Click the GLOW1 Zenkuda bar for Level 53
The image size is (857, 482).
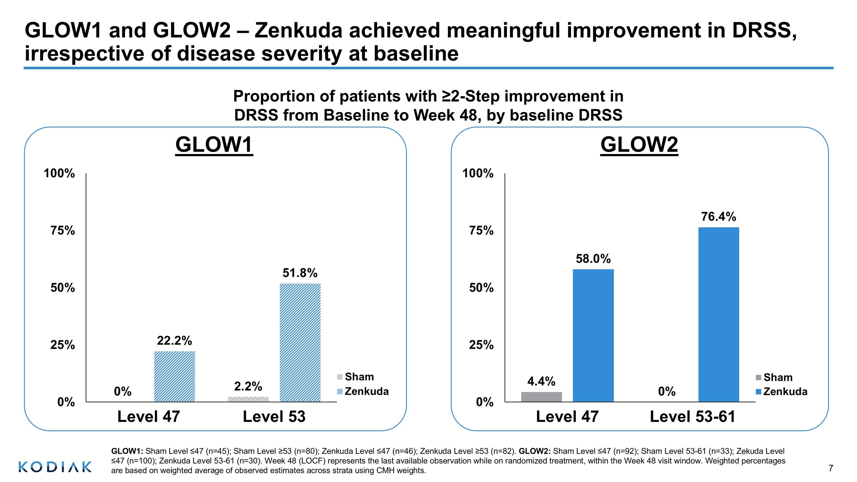pyautogui.click(x=300, y=342)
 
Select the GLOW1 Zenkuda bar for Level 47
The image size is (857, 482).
pyautogui.click(x=174, y=376)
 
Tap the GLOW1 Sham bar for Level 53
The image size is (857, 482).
pyautogui.click(x=248, y=399)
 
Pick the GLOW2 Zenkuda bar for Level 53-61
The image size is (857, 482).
pyautogui.click(x=719, y=314)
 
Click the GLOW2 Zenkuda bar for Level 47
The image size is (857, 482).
pyautogui.click(x=593, y=335)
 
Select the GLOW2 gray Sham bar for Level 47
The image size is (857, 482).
pyautogui.click(x=541, y=397)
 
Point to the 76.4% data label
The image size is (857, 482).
pyautogui.click(x=719, y=217)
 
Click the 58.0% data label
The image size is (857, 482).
pyautogui.click(x=593, y=259)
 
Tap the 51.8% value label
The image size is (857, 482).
pyautogui.click(x=300, y=273)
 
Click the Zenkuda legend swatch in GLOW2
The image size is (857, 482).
pyautogui.click(x=759, y=392)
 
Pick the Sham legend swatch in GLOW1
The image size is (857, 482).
pyautogui.click(x=340, y=377)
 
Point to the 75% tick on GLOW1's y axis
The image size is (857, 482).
pyautogui.click(x=63, y=230)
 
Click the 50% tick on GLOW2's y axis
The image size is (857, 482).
pyautogui.click(x=481, y=288)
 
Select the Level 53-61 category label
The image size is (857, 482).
pyautogui.click(x=692, y=416)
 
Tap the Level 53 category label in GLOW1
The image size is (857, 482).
pyautogui.click(x=274, y=416)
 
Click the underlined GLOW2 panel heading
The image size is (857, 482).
pyautogui.click(x=639, y=145)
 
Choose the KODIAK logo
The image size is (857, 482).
pyautogui.click(x=55, y=467)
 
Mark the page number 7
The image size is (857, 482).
pyautogui.click(x=831, y=468)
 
